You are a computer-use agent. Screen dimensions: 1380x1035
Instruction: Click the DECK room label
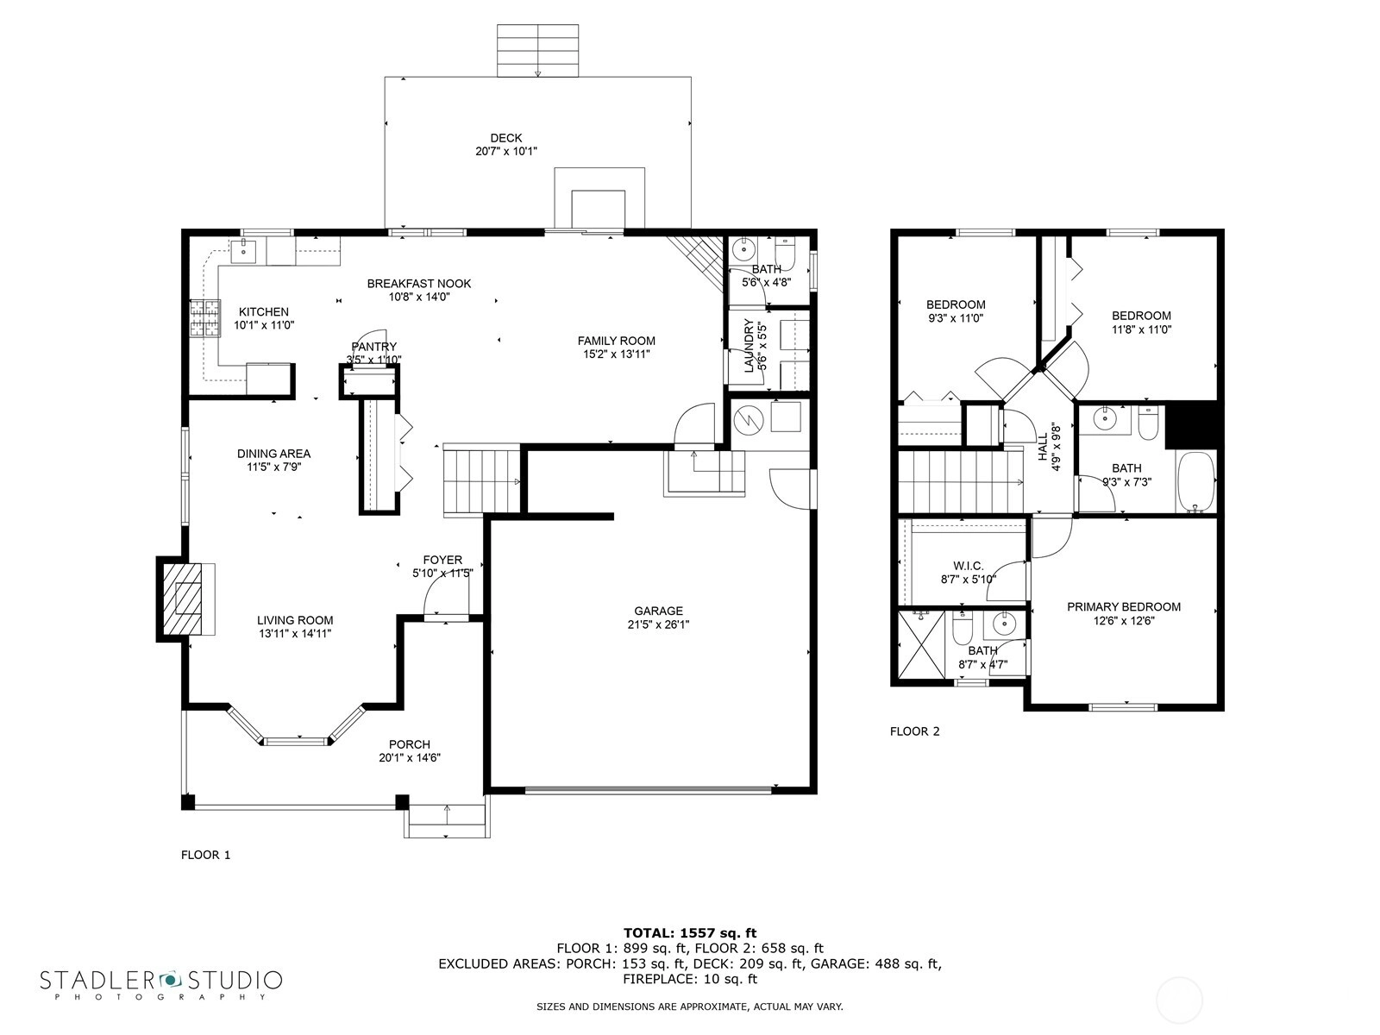click(506, 138)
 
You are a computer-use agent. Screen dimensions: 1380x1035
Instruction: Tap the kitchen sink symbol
click(243, 250)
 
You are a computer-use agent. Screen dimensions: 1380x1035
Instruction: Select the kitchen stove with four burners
click(205, 318)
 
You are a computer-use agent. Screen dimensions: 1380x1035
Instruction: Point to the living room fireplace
click(185, 599)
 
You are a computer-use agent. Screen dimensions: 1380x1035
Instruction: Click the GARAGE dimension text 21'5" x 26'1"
click(658, 624)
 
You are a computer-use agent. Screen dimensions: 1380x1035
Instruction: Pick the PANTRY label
click(374, 347)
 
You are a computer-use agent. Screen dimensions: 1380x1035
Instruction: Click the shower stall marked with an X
click(921, 644)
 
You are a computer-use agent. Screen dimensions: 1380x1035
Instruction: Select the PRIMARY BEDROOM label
click(1124, 607)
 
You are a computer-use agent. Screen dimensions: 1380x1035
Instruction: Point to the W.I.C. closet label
click(969, 566)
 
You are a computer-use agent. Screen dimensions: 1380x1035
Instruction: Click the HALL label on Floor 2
click(1043, 447)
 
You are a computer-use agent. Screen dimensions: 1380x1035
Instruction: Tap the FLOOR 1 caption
click(205, 855)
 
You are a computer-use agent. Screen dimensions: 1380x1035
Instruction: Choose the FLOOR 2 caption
click(915, 731)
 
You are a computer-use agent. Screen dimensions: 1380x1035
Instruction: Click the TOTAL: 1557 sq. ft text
click(690, 933)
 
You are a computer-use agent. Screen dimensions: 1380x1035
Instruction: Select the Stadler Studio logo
click(161, 983)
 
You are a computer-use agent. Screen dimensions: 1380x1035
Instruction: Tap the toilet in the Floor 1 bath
click(785, 254)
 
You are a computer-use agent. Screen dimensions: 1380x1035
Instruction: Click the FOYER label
click(442, 560)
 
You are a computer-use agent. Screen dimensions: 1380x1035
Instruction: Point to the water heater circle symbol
click(748, 418)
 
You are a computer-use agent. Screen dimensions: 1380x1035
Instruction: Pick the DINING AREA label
click(273, 454)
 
